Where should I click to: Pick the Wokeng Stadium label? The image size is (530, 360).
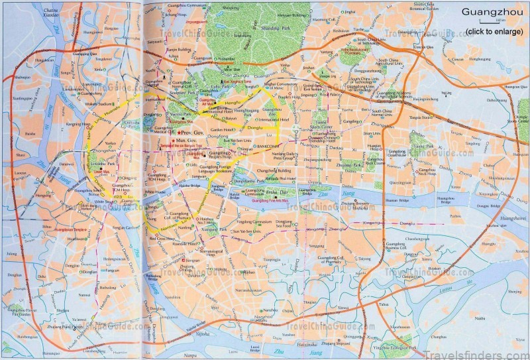point(83,103)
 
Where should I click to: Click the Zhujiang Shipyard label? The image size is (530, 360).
point(330,343)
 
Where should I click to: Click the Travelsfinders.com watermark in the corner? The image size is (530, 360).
point(487,350)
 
